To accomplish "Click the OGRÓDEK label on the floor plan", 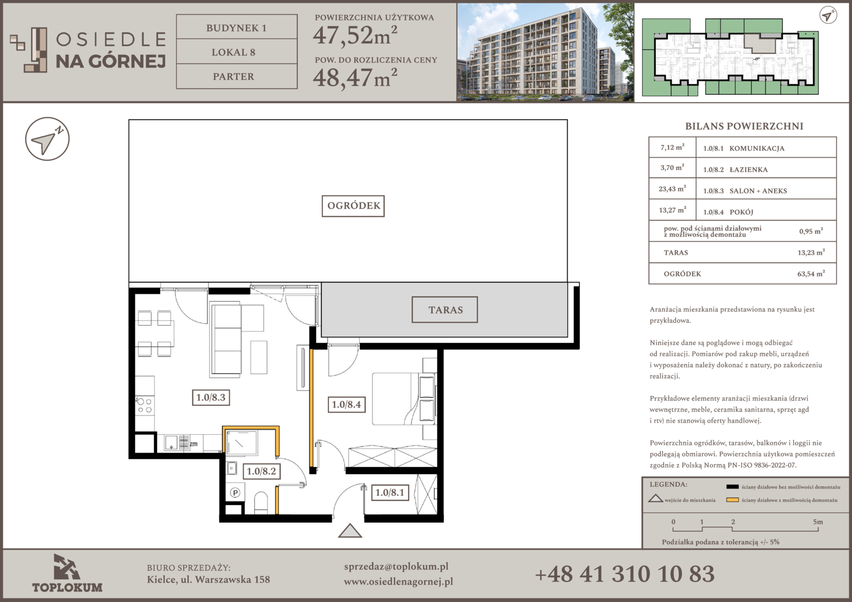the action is (353, 206).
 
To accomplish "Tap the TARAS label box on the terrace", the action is (444, 310).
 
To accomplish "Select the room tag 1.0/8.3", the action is (211, 398).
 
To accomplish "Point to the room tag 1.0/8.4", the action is (346, 404).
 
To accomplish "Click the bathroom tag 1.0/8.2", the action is (262, 471).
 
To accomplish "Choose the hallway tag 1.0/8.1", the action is (390, 493).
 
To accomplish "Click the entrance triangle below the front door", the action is (350, 531).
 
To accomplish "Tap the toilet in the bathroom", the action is (261, 502).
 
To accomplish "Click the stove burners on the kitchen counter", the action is (144, 405).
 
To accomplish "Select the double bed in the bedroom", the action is (404, 399).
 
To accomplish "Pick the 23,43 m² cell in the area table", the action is (672, 188).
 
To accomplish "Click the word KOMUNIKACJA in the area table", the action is (757, 149).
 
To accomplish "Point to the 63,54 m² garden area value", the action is (811, 274).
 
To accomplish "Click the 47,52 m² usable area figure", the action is (355, 35).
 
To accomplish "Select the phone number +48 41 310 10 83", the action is (625, 574).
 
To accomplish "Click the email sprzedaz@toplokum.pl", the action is (396, 567).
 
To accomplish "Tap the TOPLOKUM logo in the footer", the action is (67, 573).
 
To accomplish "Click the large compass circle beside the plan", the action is (47, 139).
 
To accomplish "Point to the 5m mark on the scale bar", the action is (818, 522).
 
